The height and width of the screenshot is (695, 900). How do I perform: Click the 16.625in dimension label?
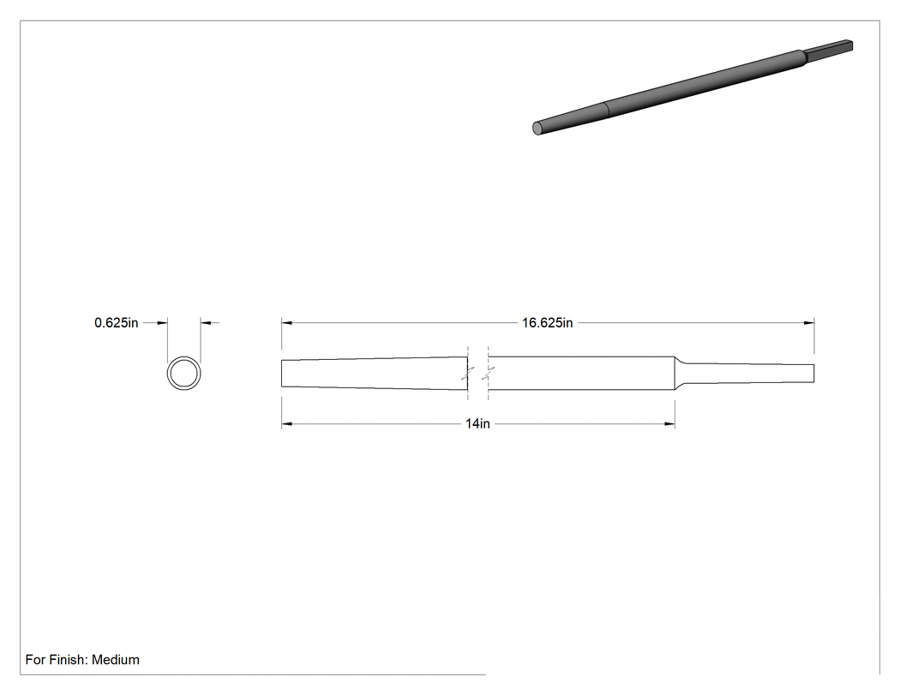pyautogui.click(x=547, y=322)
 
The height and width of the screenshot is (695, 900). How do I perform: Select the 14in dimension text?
pyautogui.click(x=477, y=423)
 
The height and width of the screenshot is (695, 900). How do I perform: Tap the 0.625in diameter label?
pyautogui.click(x=116, y=322)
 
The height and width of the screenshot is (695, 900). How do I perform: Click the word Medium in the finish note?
pyautogui.click(x=116, y=659)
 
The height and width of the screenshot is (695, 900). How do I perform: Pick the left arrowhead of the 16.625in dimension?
pyautogui.click(x=286, y=322)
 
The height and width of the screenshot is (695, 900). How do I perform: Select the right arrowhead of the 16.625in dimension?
pyautogui.click(x=809, y=322)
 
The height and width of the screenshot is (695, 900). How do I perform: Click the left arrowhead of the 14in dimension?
pyautogui.click(x=286, y=423)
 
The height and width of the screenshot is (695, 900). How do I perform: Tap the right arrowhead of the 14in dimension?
pyautogui.click(x=669, y=423)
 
